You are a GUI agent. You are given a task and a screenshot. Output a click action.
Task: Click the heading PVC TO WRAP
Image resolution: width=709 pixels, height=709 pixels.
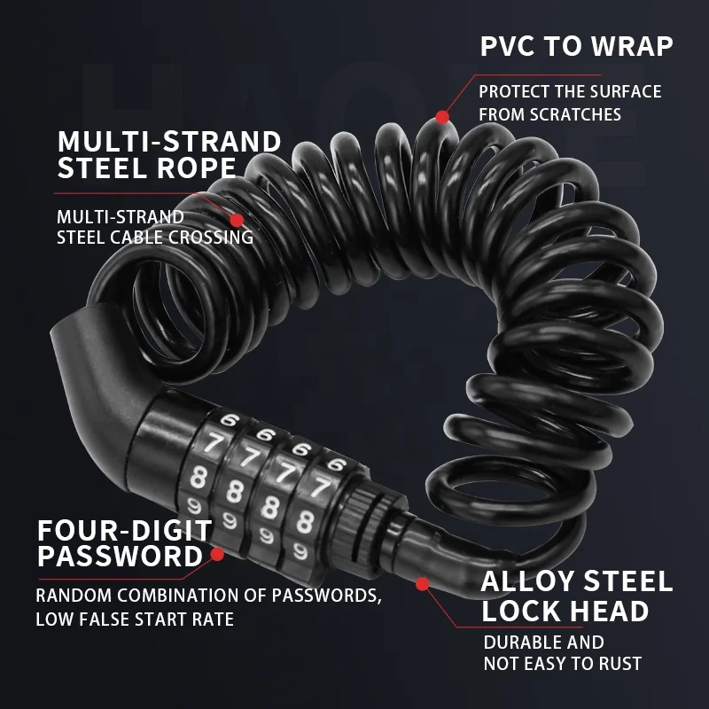(577, 46)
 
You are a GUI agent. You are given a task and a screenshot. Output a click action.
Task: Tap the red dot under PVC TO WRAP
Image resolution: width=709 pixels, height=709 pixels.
(442, 116)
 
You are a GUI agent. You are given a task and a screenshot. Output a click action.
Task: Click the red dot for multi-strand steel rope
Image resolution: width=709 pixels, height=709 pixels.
(236, 218)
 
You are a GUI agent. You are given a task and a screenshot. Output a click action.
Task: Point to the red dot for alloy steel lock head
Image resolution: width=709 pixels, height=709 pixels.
(423, 583)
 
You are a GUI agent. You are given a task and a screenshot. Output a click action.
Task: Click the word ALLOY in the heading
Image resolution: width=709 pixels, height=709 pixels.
(530, 581)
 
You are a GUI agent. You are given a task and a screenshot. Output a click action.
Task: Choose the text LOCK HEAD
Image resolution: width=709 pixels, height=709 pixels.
(565, 612)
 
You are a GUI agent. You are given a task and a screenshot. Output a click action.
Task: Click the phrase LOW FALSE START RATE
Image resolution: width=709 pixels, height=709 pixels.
(135, 619)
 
